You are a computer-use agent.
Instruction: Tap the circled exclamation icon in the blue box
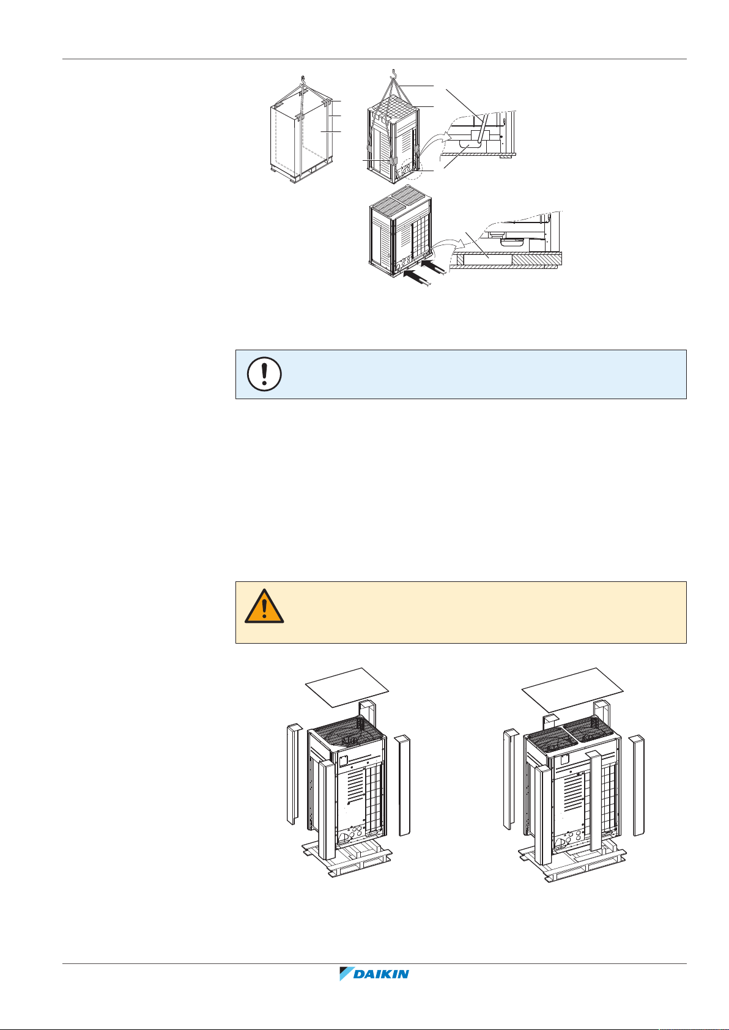tap(264, 373)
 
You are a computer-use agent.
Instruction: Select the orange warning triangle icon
tap(264, 606)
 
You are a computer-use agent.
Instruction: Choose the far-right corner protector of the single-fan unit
tap(403, 785)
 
